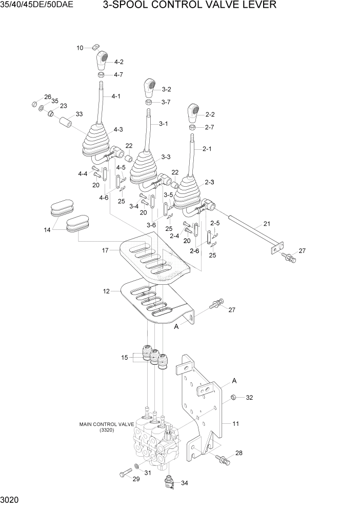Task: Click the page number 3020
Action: [x=11, y=499]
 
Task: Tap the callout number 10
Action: [x=80, y=48]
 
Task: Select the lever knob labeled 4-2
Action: [x=103, y=61]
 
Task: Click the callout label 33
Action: [x=79, y=114]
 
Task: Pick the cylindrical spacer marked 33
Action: [x=65, y=124]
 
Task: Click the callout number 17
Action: [x=106, y=250]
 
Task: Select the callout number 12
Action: [x=106, y=291]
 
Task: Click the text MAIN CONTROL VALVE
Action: [x=107, y=424]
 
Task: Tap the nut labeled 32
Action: [x=232, y=397]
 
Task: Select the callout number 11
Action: [x=236, y=424]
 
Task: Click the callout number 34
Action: [x=185, y=482]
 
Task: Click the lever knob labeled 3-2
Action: [x=150, y=88]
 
